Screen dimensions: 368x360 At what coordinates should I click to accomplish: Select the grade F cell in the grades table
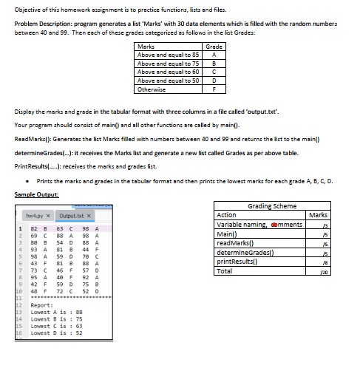tap(213, 89)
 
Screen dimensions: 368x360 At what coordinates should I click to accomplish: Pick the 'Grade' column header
tap(213, 46)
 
